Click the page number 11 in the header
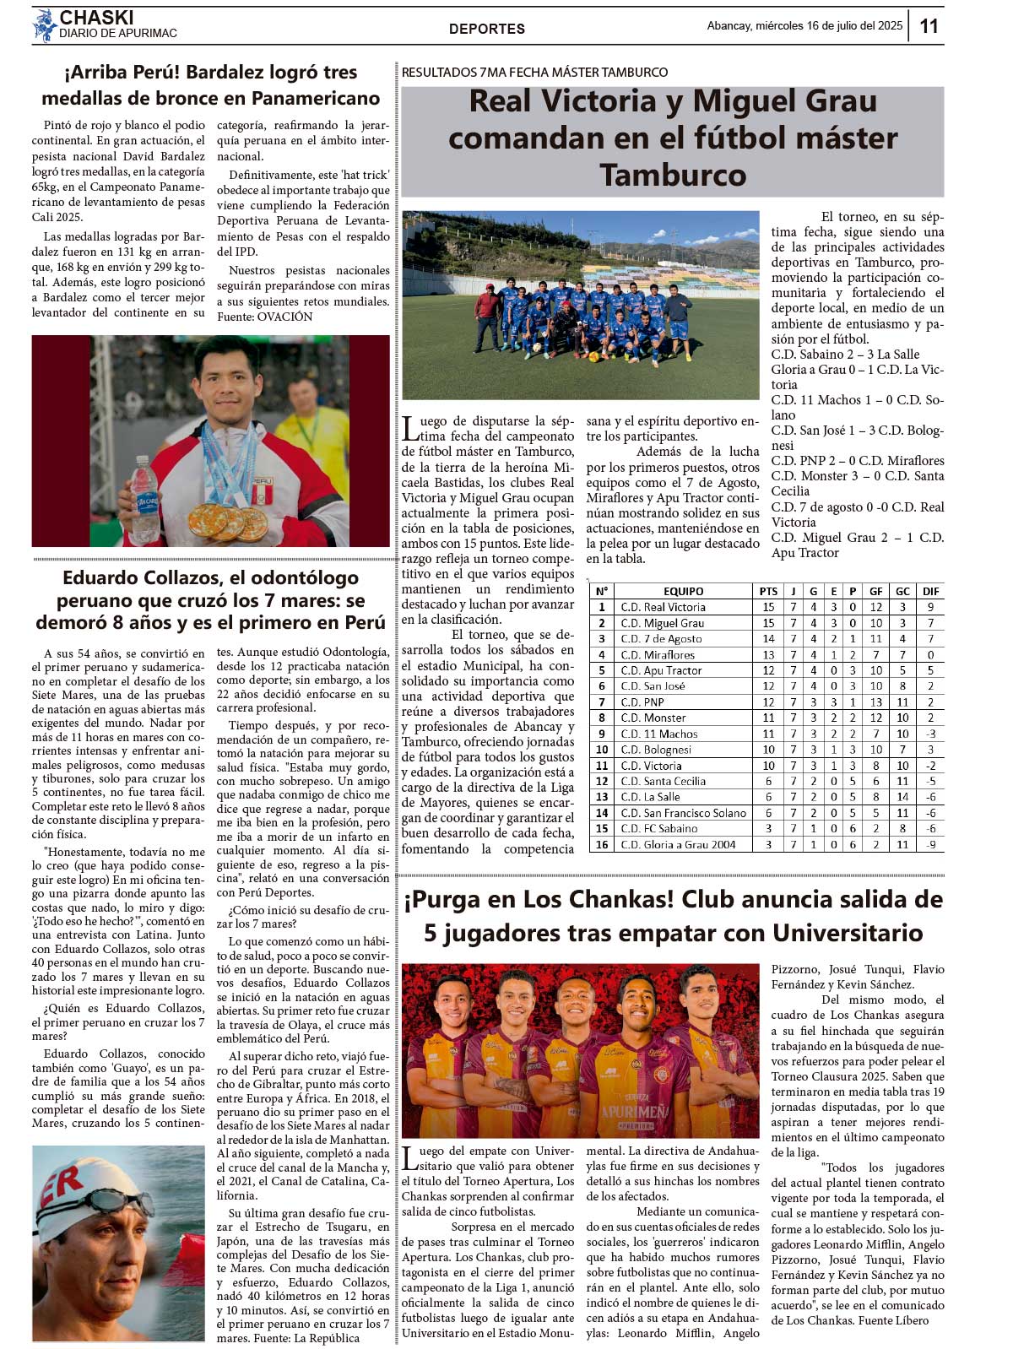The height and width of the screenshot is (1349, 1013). click(x=929, y=26)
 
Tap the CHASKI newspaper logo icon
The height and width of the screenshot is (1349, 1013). click(x=45, y=26)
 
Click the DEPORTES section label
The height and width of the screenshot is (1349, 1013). click(x=487, y=29)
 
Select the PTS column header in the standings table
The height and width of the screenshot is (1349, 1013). click(x=768, y=591)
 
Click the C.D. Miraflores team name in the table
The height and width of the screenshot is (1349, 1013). click(x=658, y=654)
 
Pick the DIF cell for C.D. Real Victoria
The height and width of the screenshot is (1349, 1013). click(x=930, y=607)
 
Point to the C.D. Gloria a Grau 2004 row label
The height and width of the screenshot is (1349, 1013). click(x=678, y=844)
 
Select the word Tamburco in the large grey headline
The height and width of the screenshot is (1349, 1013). click(x=673, y=175)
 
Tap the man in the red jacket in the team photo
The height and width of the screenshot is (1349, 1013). click(x=486, y=318)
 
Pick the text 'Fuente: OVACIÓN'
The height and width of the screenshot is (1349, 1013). click(x=264, y=317)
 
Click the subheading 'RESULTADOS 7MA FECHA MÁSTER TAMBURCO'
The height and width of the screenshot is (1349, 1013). click(x=534, y=73)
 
